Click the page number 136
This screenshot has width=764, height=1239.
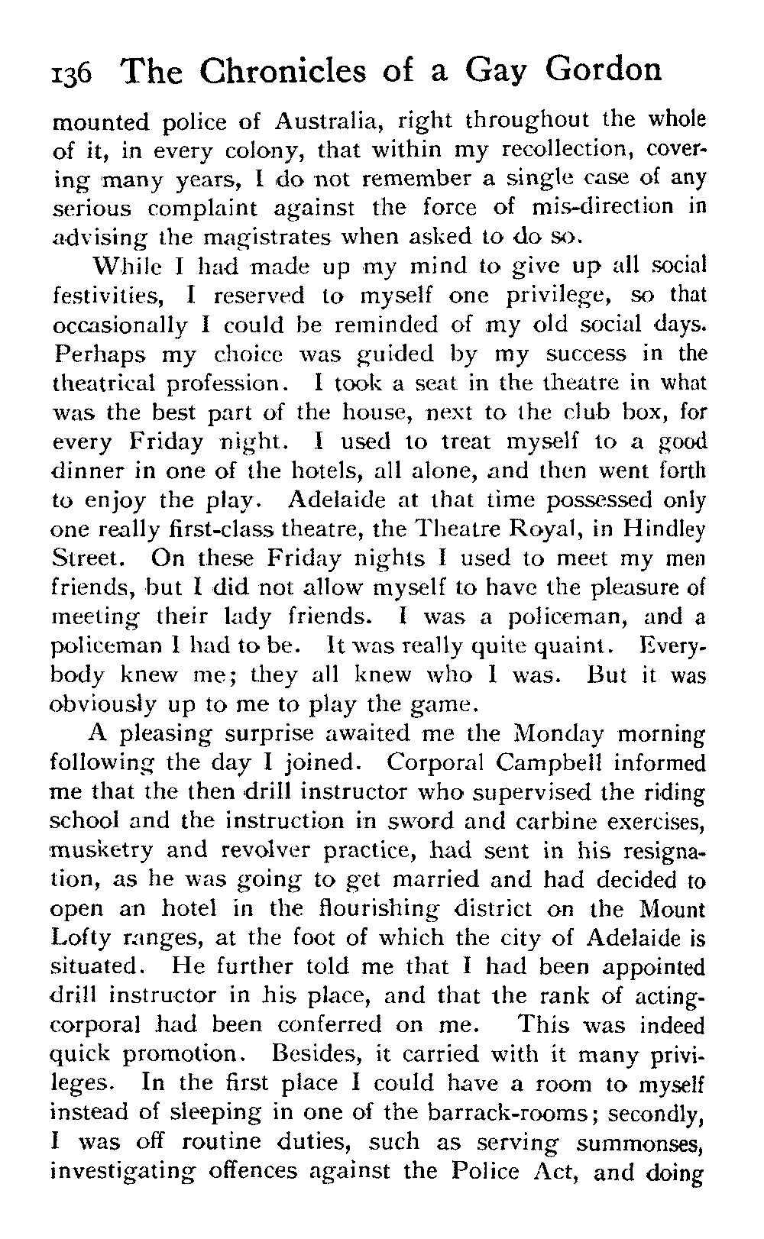coord(71,74)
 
